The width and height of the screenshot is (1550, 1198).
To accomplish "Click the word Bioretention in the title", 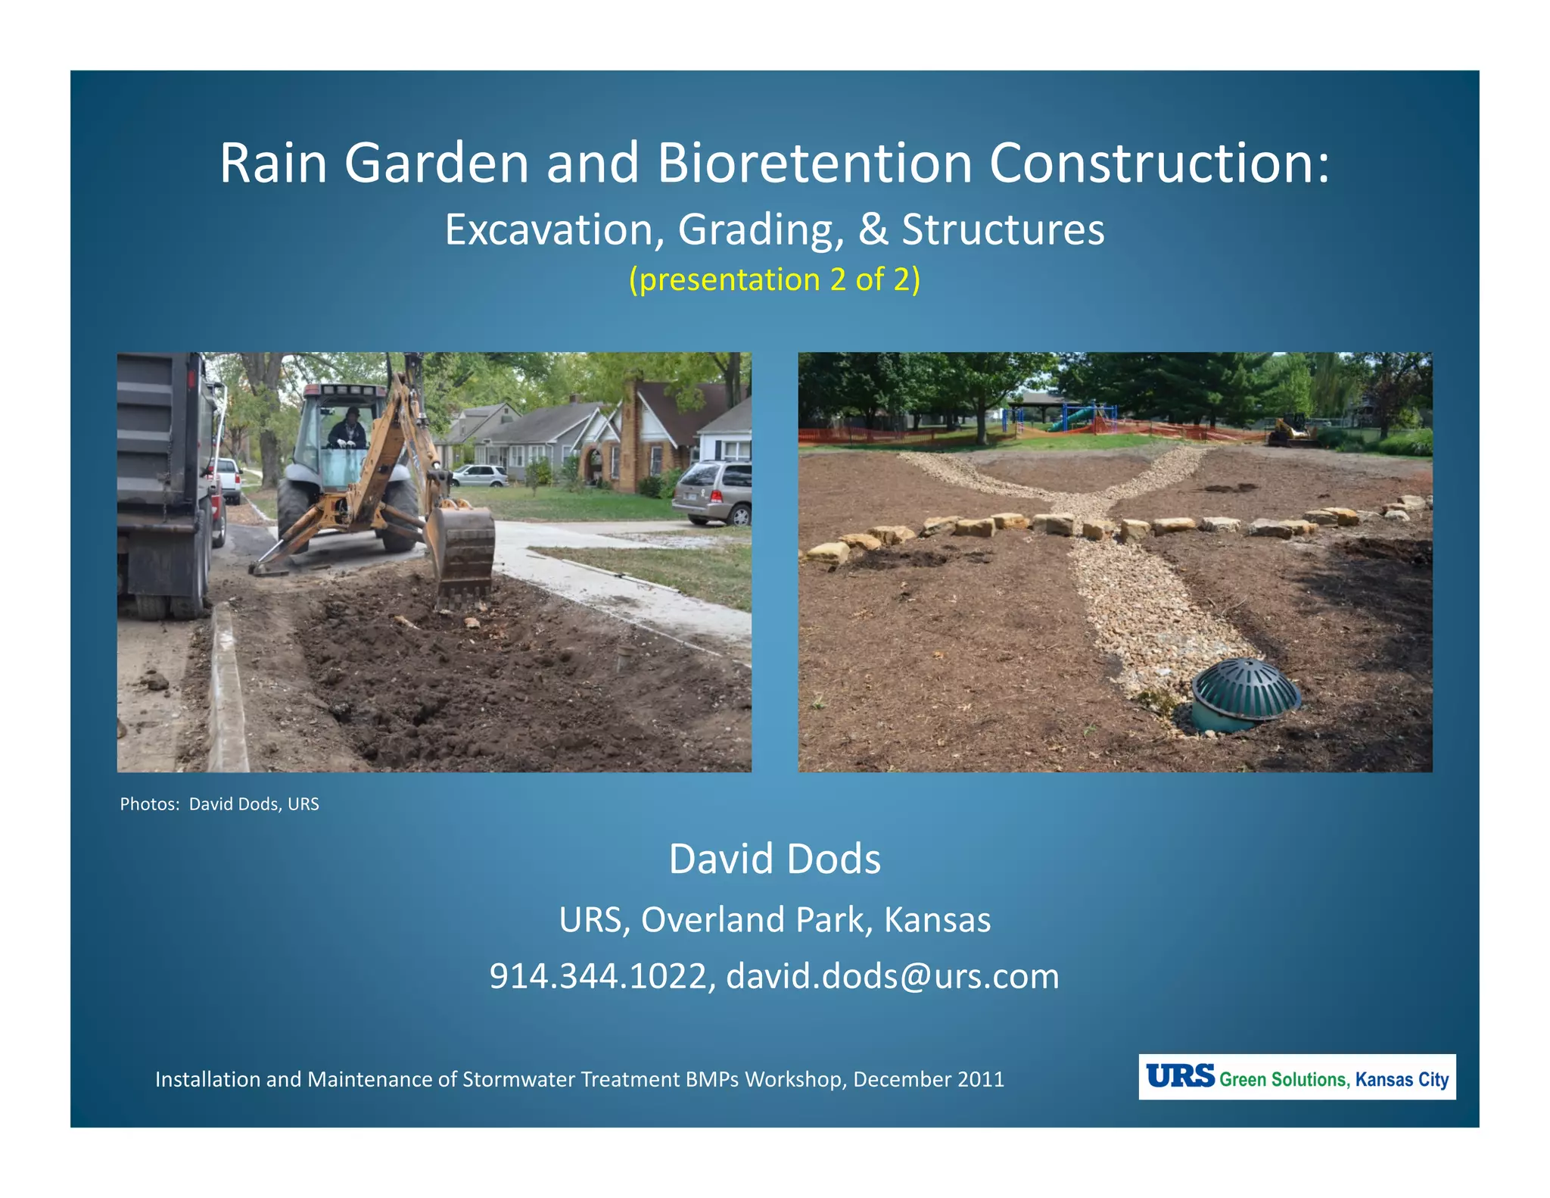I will [814, 163].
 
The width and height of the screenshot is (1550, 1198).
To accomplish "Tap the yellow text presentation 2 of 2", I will [774, 279].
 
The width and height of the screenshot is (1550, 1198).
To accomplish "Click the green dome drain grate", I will [1244, 685].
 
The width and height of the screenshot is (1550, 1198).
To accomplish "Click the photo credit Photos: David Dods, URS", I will [219, 804].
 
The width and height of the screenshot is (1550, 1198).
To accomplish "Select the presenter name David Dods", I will [774, 859].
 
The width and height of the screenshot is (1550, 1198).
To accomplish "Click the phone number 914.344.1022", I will [598, 976].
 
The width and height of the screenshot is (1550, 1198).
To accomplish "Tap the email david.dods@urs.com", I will [892, 976].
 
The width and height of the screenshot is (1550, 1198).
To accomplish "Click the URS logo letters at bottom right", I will [1179, 1076].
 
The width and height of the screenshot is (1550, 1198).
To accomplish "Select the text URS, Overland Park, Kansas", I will [774, 920].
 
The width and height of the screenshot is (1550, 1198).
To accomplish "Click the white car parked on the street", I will [480, 476].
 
